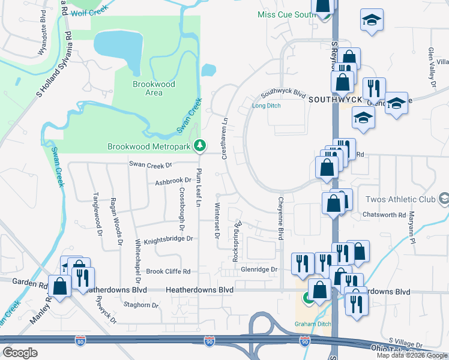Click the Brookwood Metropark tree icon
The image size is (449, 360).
pos(200,146)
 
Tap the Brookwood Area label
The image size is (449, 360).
pos(154,88)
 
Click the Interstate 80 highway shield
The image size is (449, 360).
pos(80,341)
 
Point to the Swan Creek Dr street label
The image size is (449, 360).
pos(151,164)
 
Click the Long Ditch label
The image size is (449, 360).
pos(266,106)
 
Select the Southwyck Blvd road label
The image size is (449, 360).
pos(283,95)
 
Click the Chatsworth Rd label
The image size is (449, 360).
pos(384,214)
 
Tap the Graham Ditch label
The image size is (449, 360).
pos(312,325)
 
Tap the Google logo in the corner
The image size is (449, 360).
pos(20,352)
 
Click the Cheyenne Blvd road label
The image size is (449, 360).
pos(280,220)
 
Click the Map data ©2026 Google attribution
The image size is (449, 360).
pos(412,355)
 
